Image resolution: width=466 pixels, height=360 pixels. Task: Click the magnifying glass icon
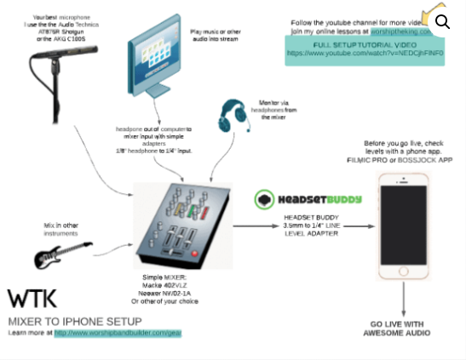pyautogui.click(x=442, y=21)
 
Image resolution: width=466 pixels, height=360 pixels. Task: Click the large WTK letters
pyautogui.click(x=32, y=298)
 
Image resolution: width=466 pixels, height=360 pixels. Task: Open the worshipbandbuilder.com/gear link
pyautogui.click(x=118, y=333)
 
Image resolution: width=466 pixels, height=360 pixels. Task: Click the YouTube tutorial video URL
pyautogui.click(x=365, y=53)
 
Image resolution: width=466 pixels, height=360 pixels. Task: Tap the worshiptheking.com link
pyautogui.click(x=400, y=30)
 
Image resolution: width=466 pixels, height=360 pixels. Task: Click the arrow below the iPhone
pyautogui.click(x=404, y=299)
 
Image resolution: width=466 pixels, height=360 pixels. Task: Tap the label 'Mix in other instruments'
pyautogui.click(x=61, y=228)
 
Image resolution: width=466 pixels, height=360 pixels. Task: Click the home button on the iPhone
pyautogui.click(x=404, y=272)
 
